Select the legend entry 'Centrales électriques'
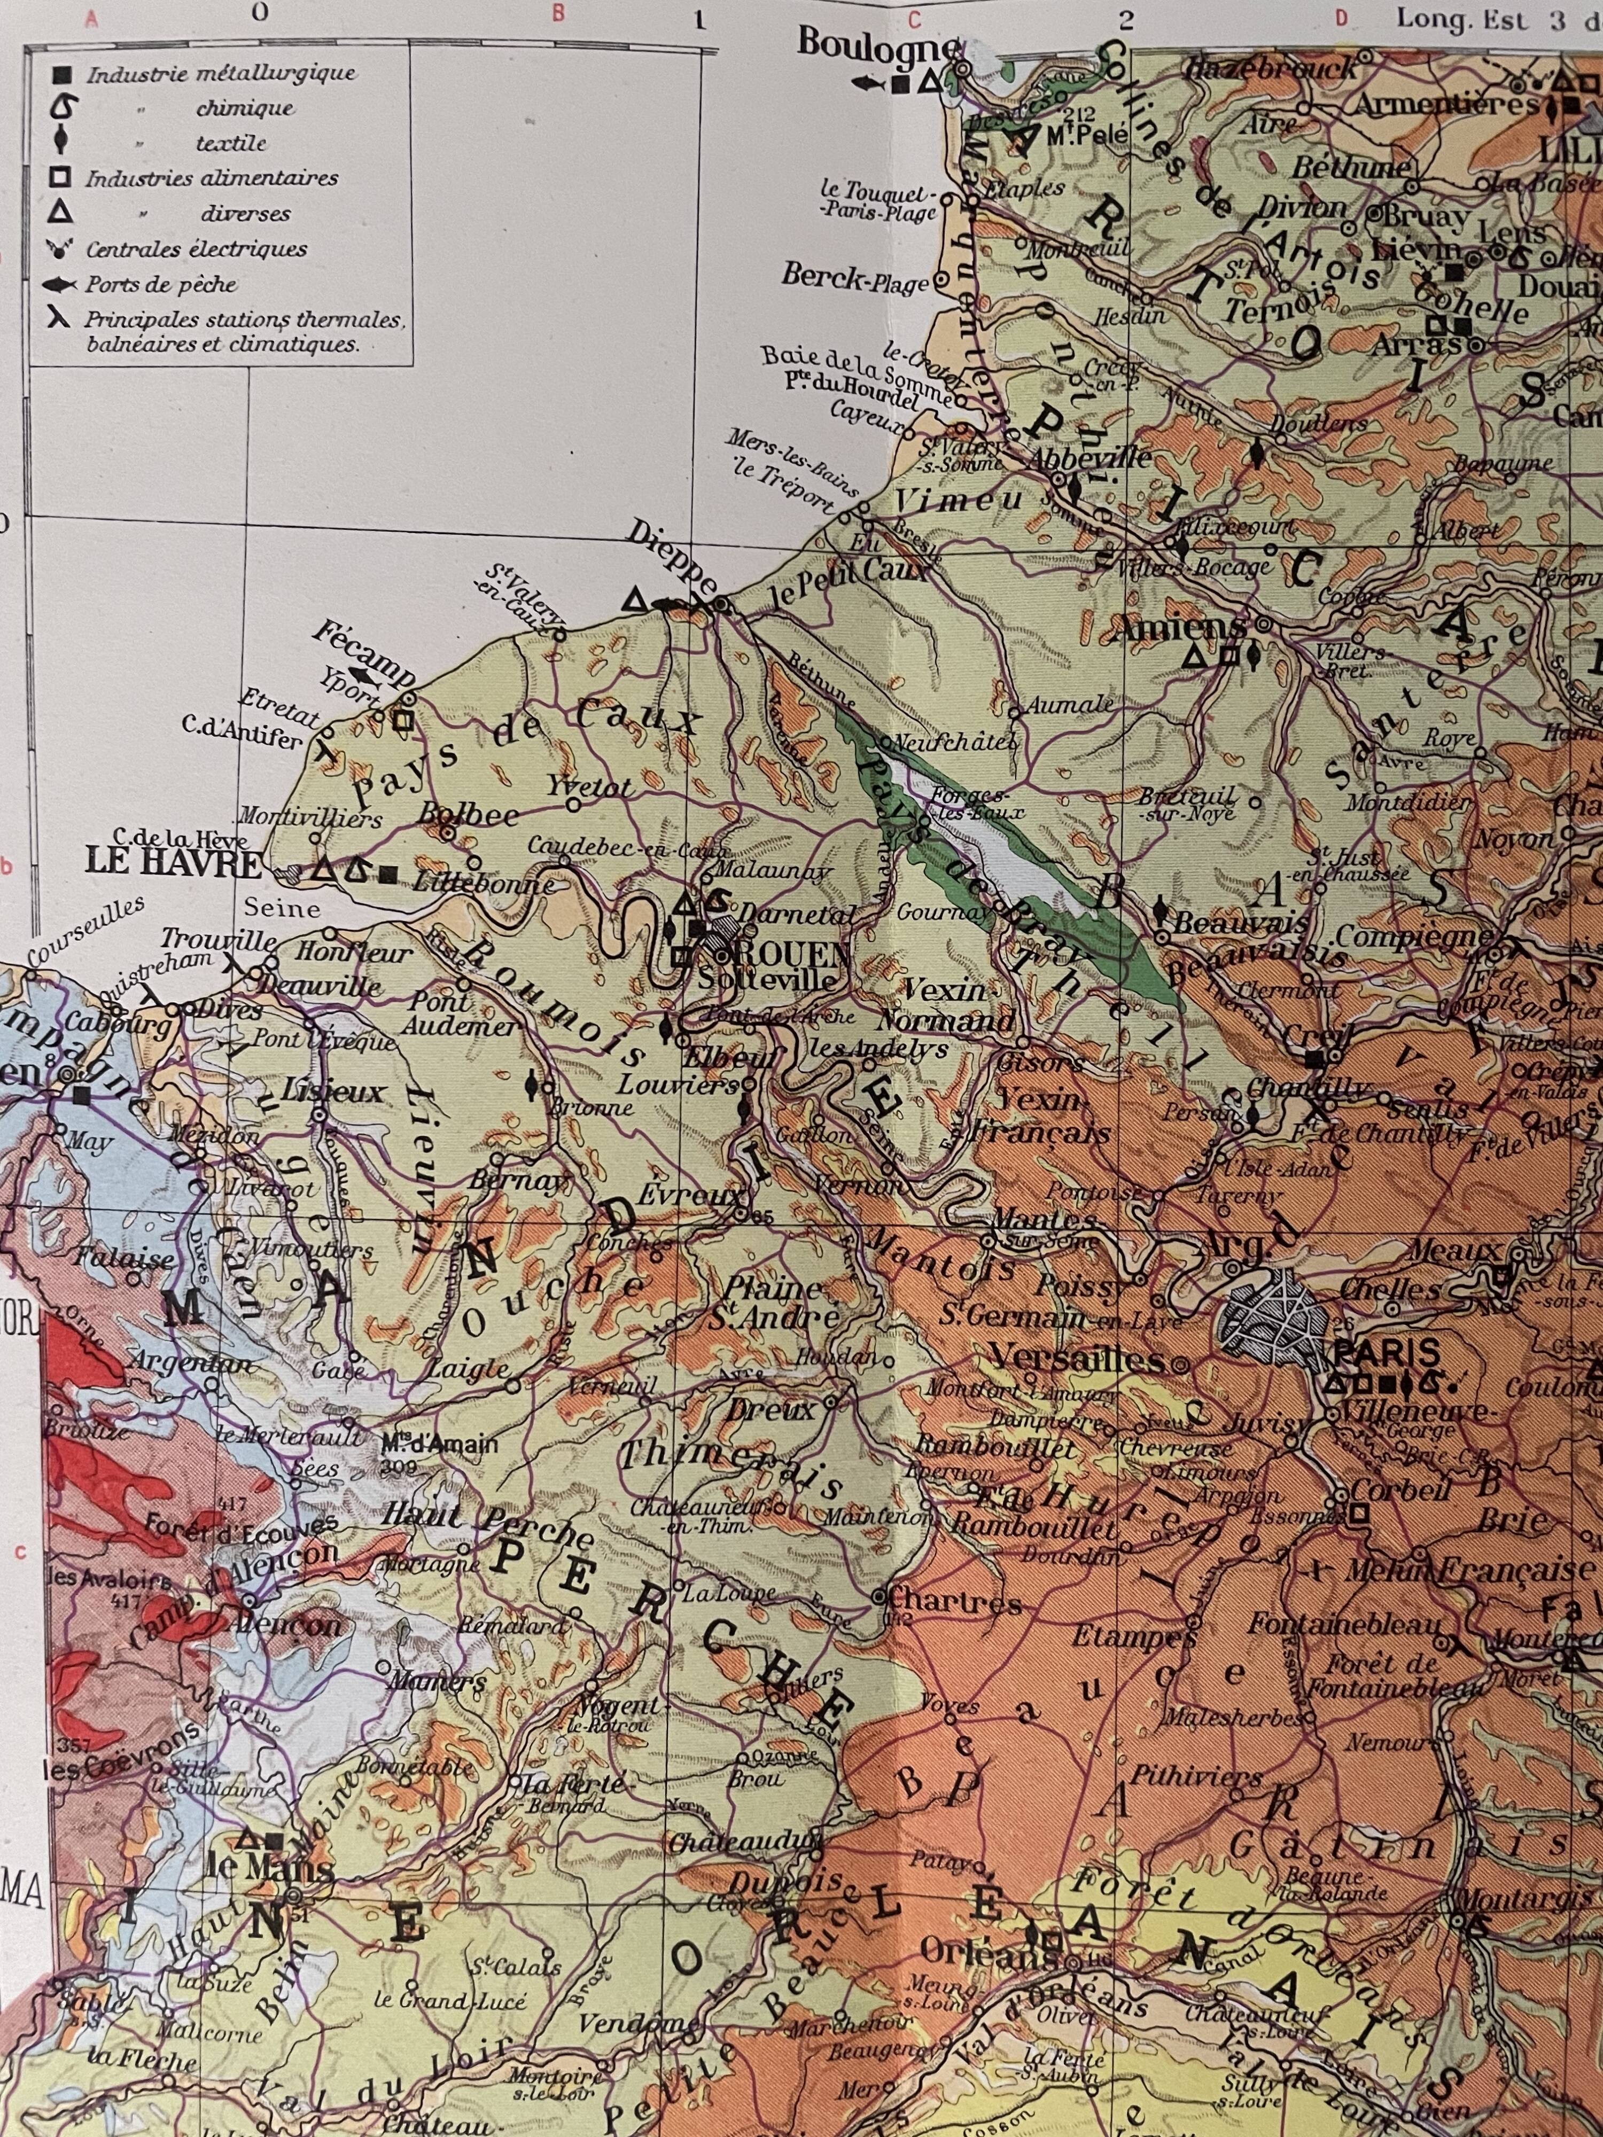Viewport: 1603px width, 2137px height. (196, 249)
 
